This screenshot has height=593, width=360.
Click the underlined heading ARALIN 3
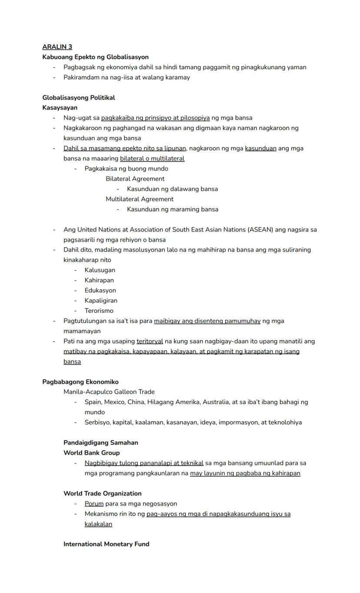click(x=57, y=47)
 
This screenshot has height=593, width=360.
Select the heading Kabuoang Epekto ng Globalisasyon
click(x=95, y=57)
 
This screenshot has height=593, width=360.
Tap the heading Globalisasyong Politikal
click(x=78, y=97)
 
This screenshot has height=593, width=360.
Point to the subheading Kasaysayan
click(x=60, y=107)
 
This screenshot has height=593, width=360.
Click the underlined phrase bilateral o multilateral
click(x=152, y=158)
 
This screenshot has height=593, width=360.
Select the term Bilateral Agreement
click(x=135, y=179)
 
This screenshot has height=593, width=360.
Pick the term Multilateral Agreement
click(x=139, y=199)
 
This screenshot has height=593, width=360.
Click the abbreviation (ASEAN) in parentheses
click(x=260, y=230)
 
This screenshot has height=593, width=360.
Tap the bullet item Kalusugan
click(x=100, y=270)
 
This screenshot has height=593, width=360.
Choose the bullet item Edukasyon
click(x=100, y=291)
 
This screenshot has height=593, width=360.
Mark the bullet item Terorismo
click(x=99, y=311)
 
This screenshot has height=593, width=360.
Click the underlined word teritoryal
click(x=150, y=342)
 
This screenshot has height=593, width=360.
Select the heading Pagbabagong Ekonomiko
click(x=80, y=382)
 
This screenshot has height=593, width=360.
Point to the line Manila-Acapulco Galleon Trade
click(x=109, y=392)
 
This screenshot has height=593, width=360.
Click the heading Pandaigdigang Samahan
click(x=100, y=443)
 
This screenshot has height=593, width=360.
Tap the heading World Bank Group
click(x=91, y=453)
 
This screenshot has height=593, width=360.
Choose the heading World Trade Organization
click(x=102, y=493)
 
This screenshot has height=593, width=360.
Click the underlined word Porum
click(x=94, y=504)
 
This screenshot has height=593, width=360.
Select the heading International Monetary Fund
click(x=106, y=544)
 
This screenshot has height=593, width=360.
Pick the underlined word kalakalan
click(x=98, y=524)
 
